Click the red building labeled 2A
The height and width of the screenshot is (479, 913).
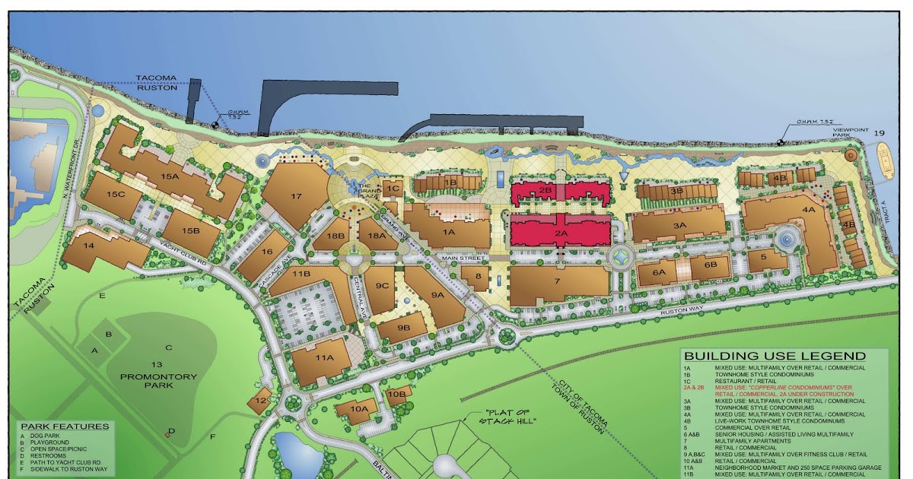coord(561,233)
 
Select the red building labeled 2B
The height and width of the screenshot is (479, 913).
coord(545,190)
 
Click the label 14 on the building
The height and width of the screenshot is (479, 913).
coord(89,246)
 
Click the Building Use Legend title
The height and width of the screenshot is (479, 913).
coord(775,356)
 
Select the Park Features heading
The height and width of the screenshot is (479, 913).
coord(65,427)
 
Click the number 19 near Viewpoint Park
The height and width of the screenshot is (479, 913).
coord(880,133)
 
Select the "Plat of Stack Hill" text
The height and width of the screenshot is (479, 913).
coord(508,418)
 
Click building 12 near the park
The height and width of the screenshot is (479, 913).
coord(260,401)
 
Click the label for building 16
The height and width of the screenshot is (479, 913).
coord(266,252)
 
